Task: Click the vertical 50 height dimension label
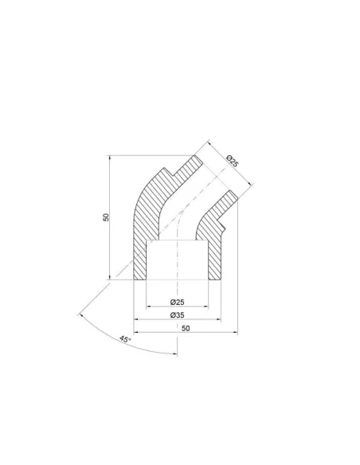tap(106, 217)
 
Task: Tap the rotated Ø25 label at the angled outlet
tap(233, 161)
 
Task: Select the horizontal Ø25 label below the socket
tap(178, 303)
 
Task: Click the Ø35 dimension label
tap(178, 315)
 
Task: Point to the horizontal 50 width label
tap(186, 328)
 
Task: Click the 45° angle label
tap(125, 339)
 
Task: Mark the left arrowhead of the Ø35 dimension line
tap(136, 319)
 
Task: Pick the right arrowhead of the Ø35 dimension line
tap(219, 319)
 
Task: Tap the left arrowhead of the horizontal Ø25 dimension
tap(149, 307)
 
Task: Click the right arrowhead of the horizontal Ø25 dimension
tap(206, 307)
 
